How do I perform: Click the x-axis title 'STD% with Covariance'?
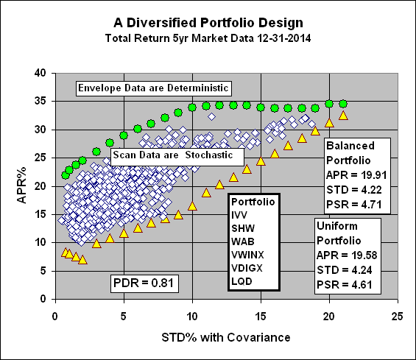click(x=227, y=338)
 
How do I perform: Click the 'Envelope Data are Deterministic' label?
click(x=155, y=88)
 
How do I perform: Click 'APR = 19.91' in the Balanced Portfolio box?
click(x=356, y=174)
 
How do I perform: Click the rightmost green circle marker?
click(x=343, y=104)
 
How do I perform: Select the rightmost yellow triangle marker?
click(x=343, y=116)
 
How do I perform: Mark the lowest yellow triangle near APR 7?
click(x=82, y=260)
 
